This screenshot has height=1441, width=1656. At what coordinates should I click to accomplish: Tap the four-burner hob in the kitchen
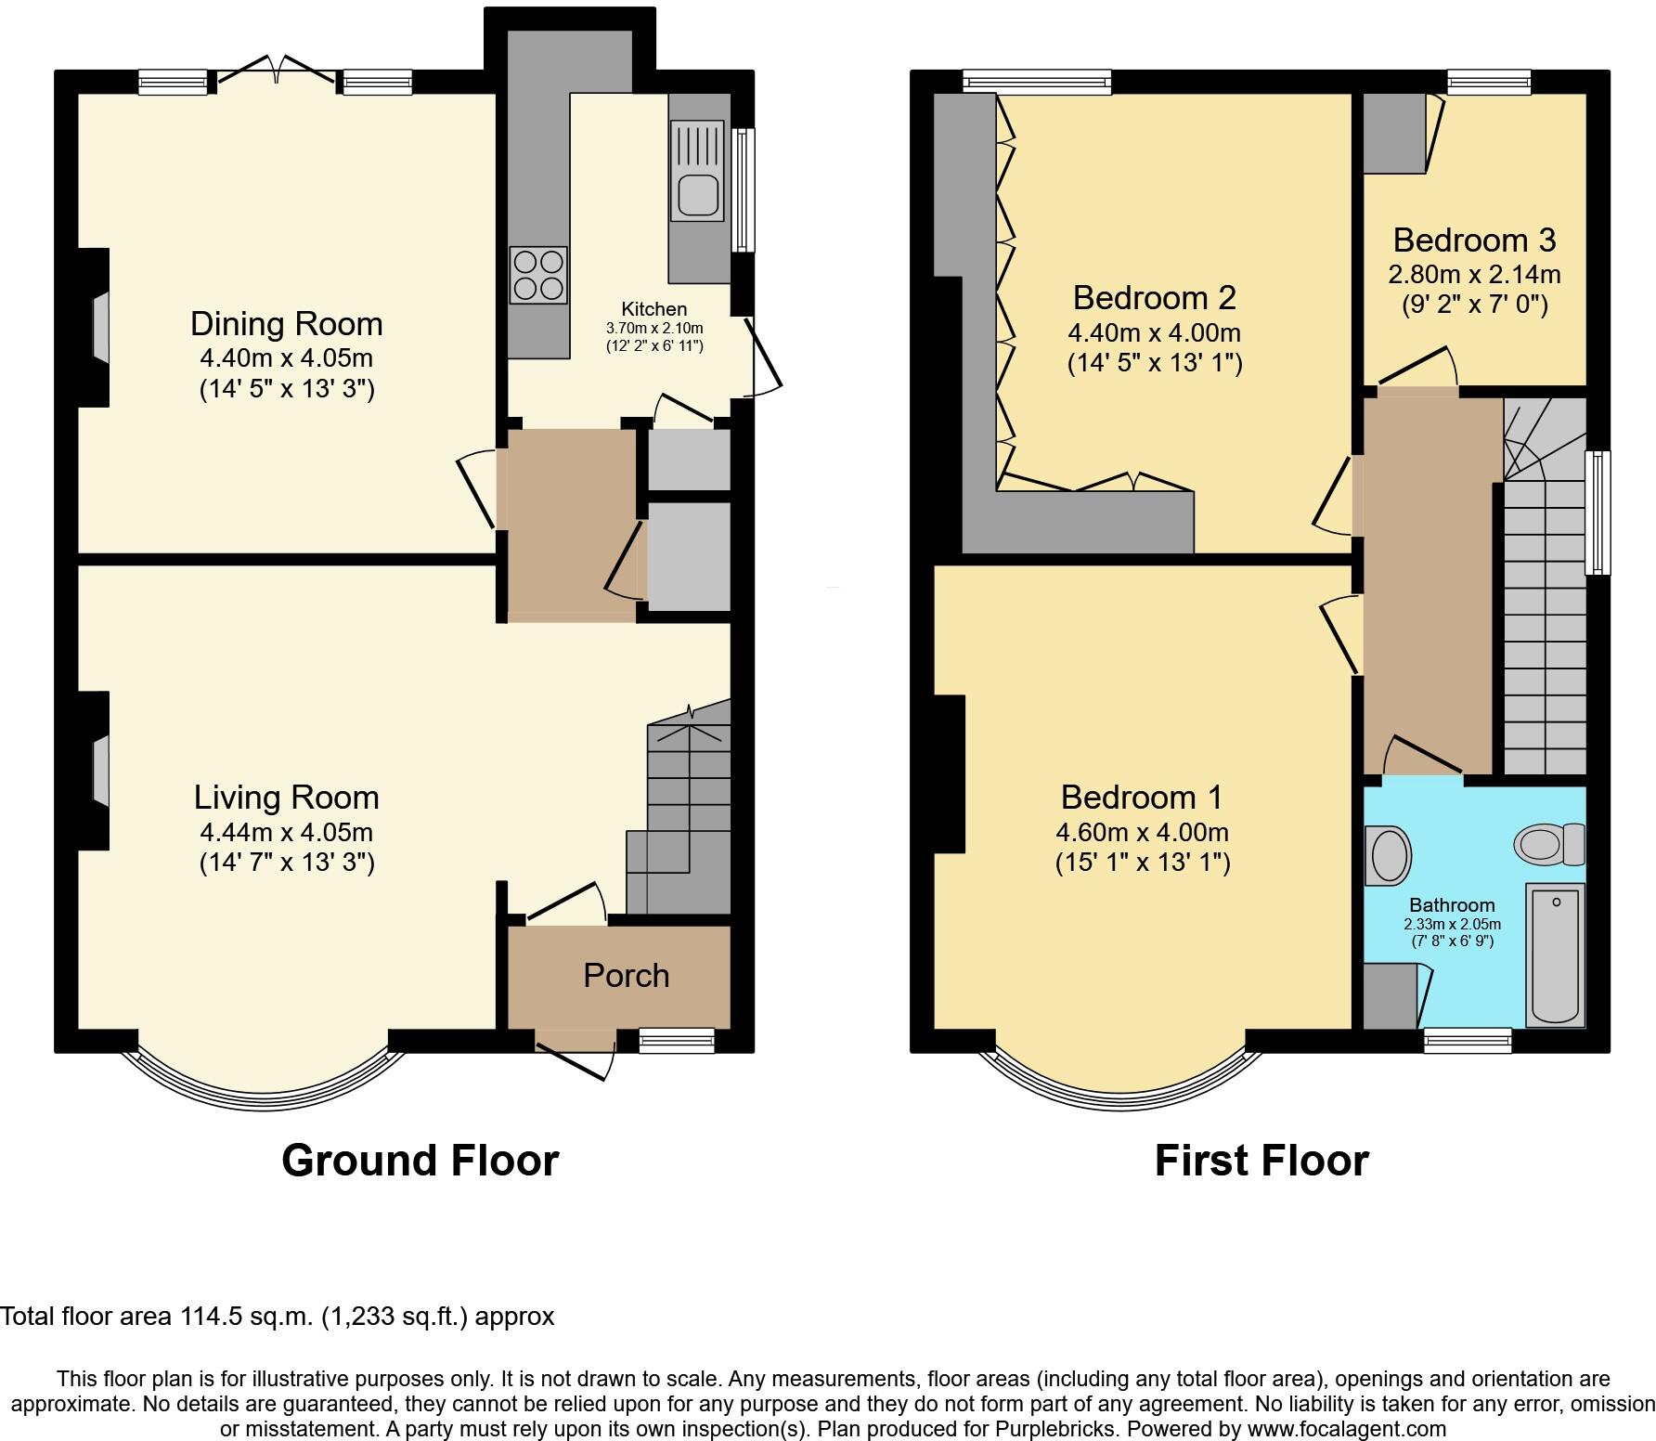click(x=537, y=275)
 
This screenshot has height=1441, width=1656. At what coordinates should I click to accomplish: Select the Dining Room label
click(x=286, y=324)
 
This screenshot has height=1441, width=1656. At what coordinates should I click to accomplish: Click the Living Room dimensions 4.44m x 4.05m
click(x=286, y=831)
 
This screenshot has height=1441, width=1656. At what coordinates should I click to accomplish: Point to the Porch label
click(x=626, y=976)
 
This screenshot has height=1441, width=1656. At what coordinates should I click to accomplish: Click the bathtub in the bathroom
click(x=1555, y=956)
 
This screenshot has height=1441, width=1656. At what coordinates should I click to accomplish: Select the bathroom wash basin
click(x=1389, y=854)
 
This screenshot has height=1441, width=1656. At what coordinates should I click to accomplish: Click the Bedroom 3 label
click(x=1473, y=240)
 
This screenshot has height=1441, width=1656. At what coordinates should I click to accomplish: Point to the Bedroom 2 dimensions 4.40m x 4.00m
click(x=1154, y=332)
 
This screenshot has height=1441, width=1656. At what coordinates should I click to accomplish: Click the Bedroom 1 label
click(x=1141, y=798)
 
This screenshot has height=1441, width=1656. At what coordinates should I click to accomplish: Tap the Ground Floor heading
click(x=420, y=1161)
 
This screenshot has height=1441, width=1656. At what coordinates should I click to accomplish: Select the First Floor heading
click(x=1261, y=1161)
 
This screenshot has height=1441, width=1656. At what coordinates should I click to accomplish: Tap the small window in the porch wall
click(x=677, y=1041)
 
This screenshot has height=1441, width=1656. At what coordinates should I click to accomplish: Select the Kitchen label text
click(x=653, y=309)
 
